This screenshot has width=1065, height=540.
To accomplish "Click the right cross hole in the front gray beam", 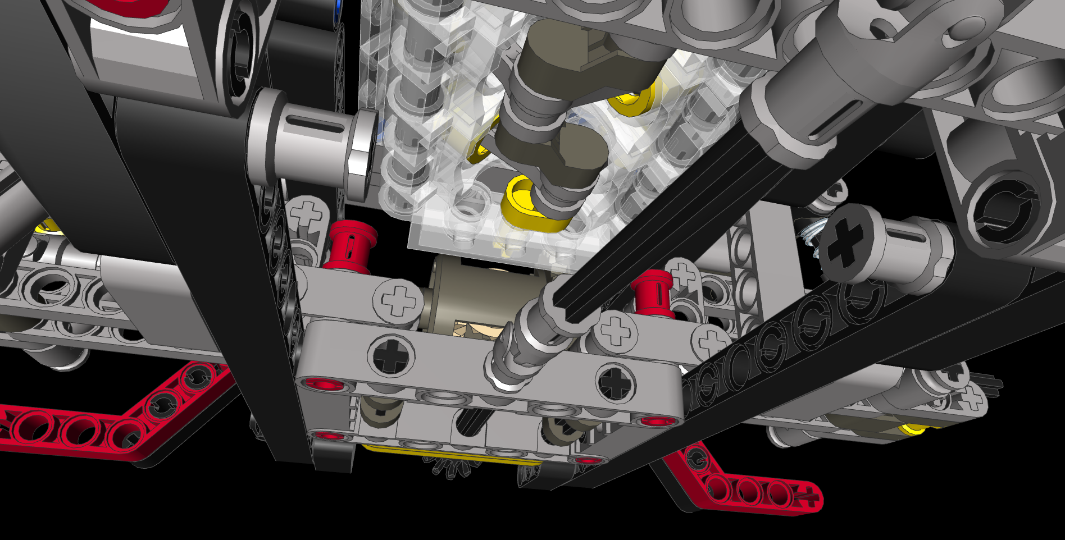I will (617, 382).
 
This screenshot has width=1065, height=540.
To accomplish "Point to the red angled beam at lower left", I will (112, 418).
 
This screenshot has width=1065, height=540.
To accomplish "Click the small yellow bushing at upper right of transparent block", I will (632, 101).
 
